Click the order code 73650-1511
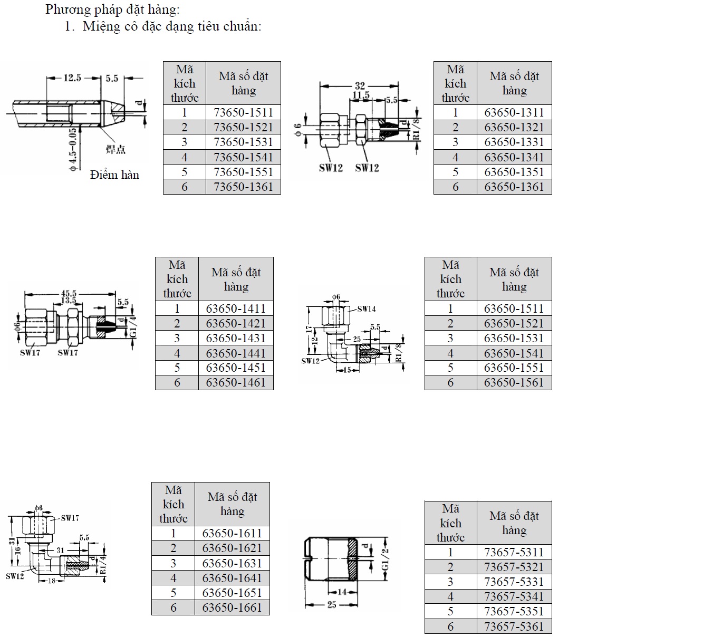point(243,112)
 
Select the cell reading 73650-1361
point(243,187)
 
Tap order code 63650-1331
point(514,142)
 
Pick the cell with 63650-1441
point(236,353)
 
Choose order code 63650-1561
point(514,382)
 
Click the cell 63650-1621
point(232,548)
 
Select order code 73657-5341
point(514,596)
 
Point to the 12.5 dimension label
point(72,78)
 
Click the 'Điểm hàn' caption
point(114,175)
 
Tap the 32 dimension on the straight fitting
point(360,85)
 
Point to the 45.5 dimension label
point(69,294)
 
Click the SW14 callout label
point(367,309)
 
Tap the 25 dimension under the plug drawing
point(332,605)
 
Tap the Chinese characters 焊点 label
point(115,150)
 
